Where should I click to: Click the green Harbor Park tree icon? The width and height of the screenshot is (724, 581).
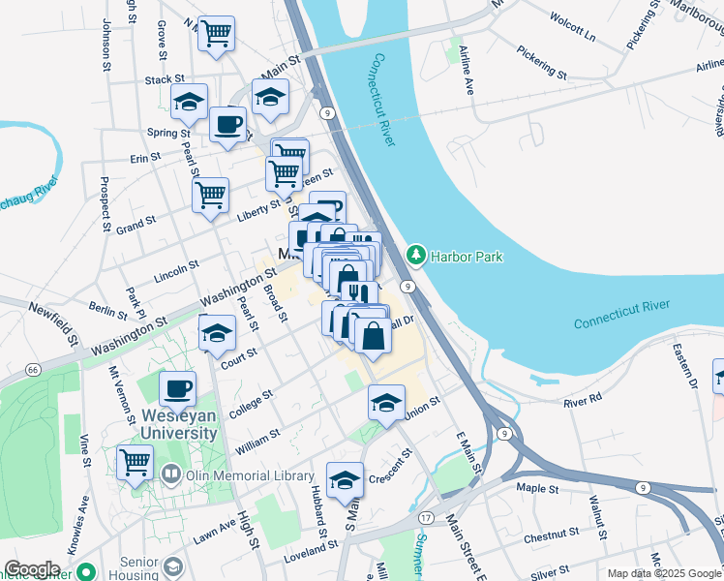[416, 256]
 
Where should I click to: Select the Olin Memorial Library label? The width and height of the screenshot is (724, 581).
[239, 475]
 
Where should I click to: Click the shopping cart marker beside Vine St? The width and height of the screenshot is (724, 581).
[135, 461]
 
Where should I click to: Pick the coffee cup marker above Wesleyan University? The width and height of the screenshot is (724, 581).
[177, 388]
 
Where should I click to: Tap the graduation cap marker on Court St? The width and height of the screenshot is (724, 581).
[217, 333]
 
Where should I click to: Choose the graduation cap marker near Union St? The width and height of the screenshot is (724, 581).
[386, 402]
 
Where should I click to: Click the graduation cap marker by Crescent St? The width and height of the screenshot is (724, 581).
[345, 479]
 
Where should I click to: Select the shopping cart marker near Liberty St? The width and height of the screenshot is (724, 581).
[210, 195]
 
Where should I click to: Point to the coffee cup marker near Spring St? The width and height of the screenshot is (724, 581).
[227, 124]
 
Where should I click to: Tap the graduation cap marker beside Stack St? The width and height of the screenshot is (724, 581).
[189, 100]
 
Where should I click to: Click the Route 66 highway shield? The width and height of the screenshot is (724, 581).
[33, 370]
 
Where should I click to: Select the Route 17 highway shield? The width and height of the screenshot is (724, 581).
[427, 518]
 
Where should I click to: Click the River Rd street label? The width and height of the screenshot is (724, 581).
[583, 397]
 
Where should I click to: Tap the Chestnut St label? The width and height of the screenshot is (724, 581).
[551, 533]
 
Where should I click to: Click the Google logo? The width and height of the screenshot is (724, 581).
[32, 569]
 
